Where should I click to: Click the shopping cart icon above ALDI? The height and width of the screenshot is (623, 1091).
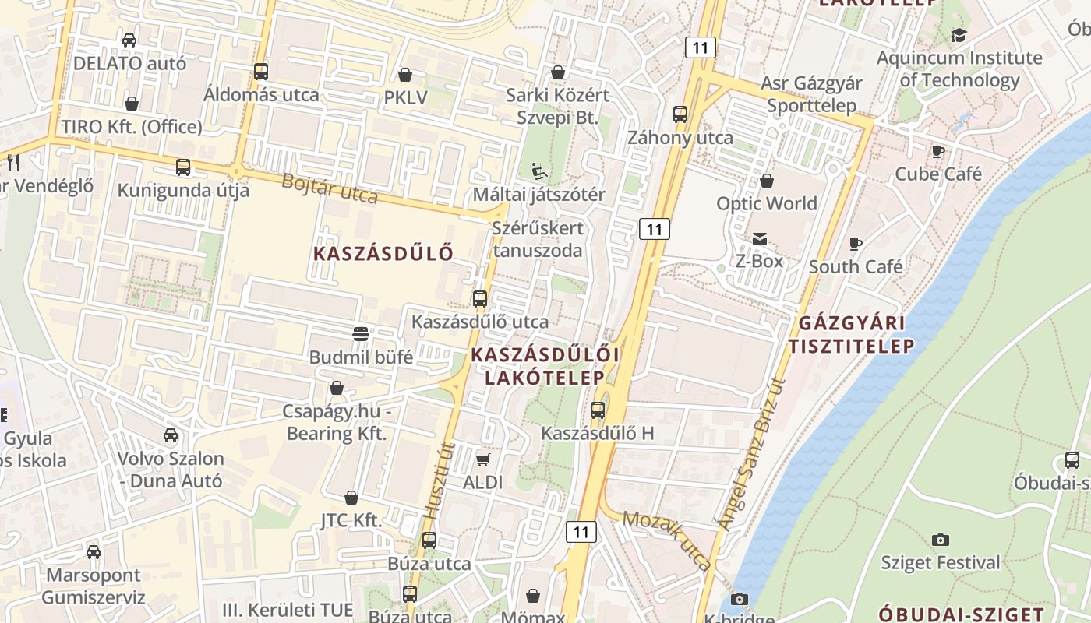point(482,459)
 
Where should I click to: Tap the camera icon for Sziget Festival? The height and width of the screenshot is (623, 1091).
point(941,540)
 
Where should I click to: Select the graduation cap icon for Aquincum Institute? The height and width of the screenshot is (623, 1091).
point(959,35)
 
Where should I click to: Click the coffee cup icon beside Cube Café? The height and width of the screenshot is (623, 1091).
point(938,151)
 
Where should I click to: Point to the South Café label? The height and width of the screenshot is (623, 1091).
point(856,266)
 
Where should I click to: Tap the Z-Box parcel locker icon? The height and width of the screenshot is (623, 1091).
point(759,239)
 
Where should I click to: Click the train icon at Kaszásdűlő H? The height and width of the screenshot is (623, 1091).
point(598,410)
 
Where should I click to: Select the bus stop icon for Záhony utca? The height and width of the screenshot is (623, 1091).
point(680,114)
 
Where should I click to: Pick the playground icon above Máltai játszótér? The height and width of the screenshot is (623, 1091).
point(538,171)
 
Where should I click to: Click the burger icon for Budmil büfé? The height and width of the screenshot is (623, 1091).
point(361,334)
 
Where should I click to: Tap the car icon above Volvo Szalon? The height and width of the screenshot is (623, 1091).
point(171,435)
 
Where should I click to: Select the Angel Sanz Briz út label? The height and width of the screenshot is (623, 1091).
point(750,455)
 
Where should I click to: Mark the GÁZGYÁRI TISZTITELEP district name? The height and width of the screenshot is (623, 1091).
point(851,334)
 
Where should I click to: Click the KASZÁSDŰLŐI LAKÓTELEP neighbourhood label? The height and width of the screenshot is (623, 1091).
point(545,366)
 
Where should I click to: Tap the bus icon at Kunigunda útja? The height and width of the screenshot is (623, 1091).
point(183,167)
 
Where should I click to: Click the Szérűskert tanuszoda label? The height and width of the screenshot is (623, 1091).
point(538,239)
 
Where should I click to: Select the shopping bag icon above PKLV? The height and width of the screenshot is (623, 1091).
point(405,75)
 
